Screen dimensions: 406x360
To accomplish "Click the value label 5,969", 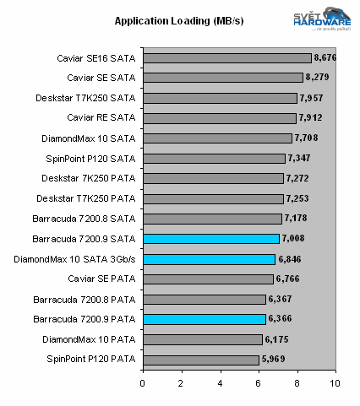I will pos(272,360).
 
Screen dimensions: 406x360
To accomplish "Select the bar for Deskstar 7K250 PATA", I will pos(212,178).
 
